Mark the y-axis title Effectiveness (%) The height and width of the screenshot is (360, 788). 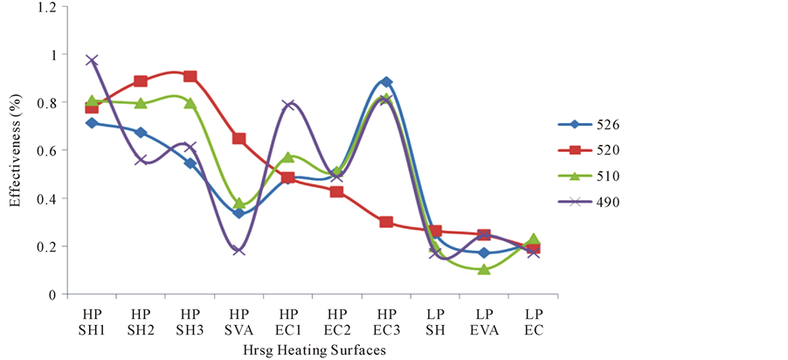tap(15, 150)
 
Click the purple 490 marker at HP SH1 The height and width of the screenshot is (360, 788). tap(92, 60)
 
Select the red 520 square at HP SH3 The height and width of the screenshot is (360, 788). tap(190, 77)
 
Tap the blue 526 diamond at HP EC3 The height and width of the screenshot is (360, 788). tap(386, 82)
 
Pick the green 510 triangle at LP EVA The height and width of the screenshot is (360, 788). tap(484, 269)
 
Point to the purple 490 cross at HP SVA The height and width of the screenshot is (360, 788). tap(238, 250)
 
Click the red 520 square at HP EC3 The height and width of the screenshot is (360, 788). tap(386, 222)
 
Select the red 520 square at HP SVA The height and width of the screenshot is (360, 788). tap(238, 139)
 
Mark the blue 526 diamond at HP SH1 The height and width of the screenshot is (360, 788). tap(92, 123)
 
